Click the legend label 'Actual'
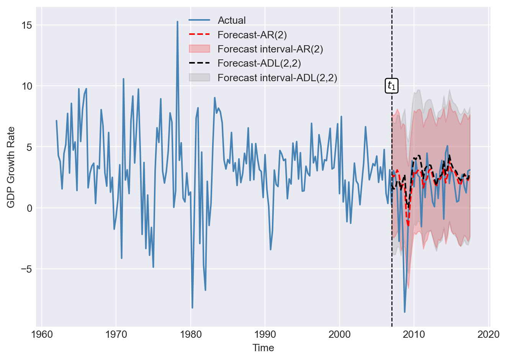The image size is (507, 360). (x=231, y=20)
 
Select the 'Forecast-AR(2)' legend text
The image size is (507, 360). (x=252, y=35)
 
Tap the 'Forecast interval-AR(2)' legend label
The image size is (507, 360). (x=270, y=49)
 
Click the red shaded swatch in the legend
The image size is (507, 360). (x=200, y=49)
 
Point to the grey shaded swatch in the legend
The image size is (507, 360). (x=200, y=78)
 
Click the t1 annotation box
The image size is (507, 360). (x=391, y=86)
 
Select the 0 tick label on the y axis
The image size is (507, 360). (x=29, y=208)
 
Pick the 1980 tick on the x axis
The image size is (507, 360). (x=191, y=334)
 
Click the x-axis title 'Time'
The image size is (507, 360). (x=263, y=348)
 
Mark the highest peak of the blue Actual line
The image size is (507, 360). (x=177, y=22)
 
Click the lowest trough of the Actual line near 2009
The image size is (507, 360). (x=405, y=312)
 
